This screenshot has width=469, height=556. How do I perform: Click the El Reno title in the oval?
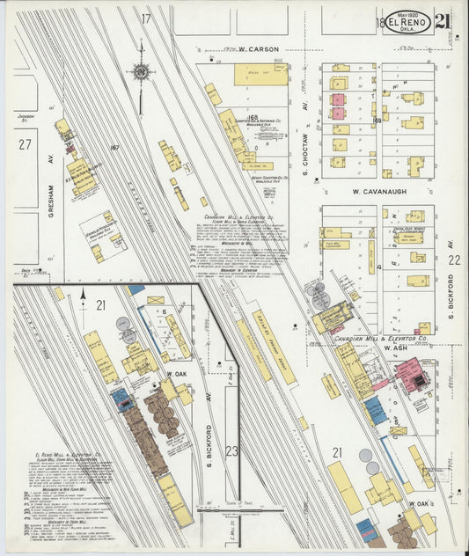(x=406, y=21)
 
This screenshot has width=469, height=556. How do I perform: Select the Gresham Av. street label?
(x=52, y=199)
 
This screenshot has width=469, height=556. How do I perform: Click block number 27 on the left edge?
(x=26, y=144)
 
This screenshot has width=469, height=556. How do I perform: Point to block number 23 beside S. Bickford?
(x=231, y=450)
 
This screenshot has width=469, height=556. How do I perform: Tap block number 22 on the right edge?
(x=453, y=260)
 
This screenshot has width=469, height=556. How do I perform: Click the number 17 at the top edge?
(x=146, y=18)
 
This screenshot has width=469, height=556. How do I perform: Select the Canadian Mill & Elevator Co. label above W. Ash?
(x=385, y=338)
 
